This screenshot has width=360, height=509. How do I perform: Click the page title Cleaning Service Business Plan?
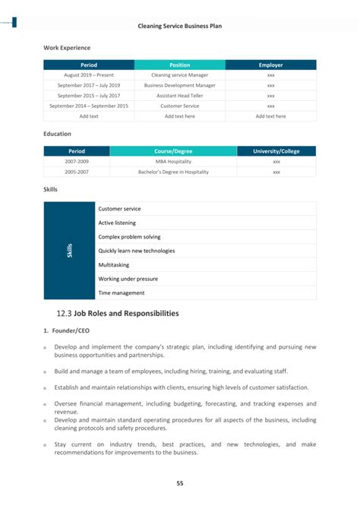(x=179, y=26)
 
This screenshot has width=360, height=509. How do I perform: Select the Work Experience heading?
(x=67, y=48)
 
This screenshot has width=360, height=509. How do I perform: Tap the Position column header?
(x=179, y=65)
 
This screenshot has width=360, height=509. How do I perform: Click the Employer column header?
(x=270, y=65)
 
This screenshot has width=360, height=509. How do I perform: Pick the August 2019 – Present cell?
(x=89, y=75)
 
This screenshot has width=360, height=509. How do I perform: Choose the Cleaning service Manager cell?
(x=179, y=75)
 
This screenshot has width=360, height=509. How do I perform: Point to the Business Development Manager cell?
(x=179, y=86)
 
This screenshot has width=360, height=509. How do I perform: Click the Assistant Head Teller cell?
(x=179, y=96)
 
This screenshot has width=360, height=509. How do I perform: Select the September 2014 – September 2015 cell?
(x=89, y=106)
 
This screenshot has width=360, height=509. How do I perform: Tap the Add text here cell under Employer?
(x=270, y=116)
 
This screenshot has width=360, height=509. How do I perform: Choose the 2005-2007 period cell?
(x=77, y=172)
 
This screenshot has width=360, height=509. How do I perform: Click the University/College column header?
(x=276, y=151)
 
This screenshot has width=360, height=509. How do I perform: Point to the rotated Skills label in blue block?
(x=70, y=251)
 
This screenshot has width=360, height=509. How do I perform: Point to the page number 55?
(x=180, y=483)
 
